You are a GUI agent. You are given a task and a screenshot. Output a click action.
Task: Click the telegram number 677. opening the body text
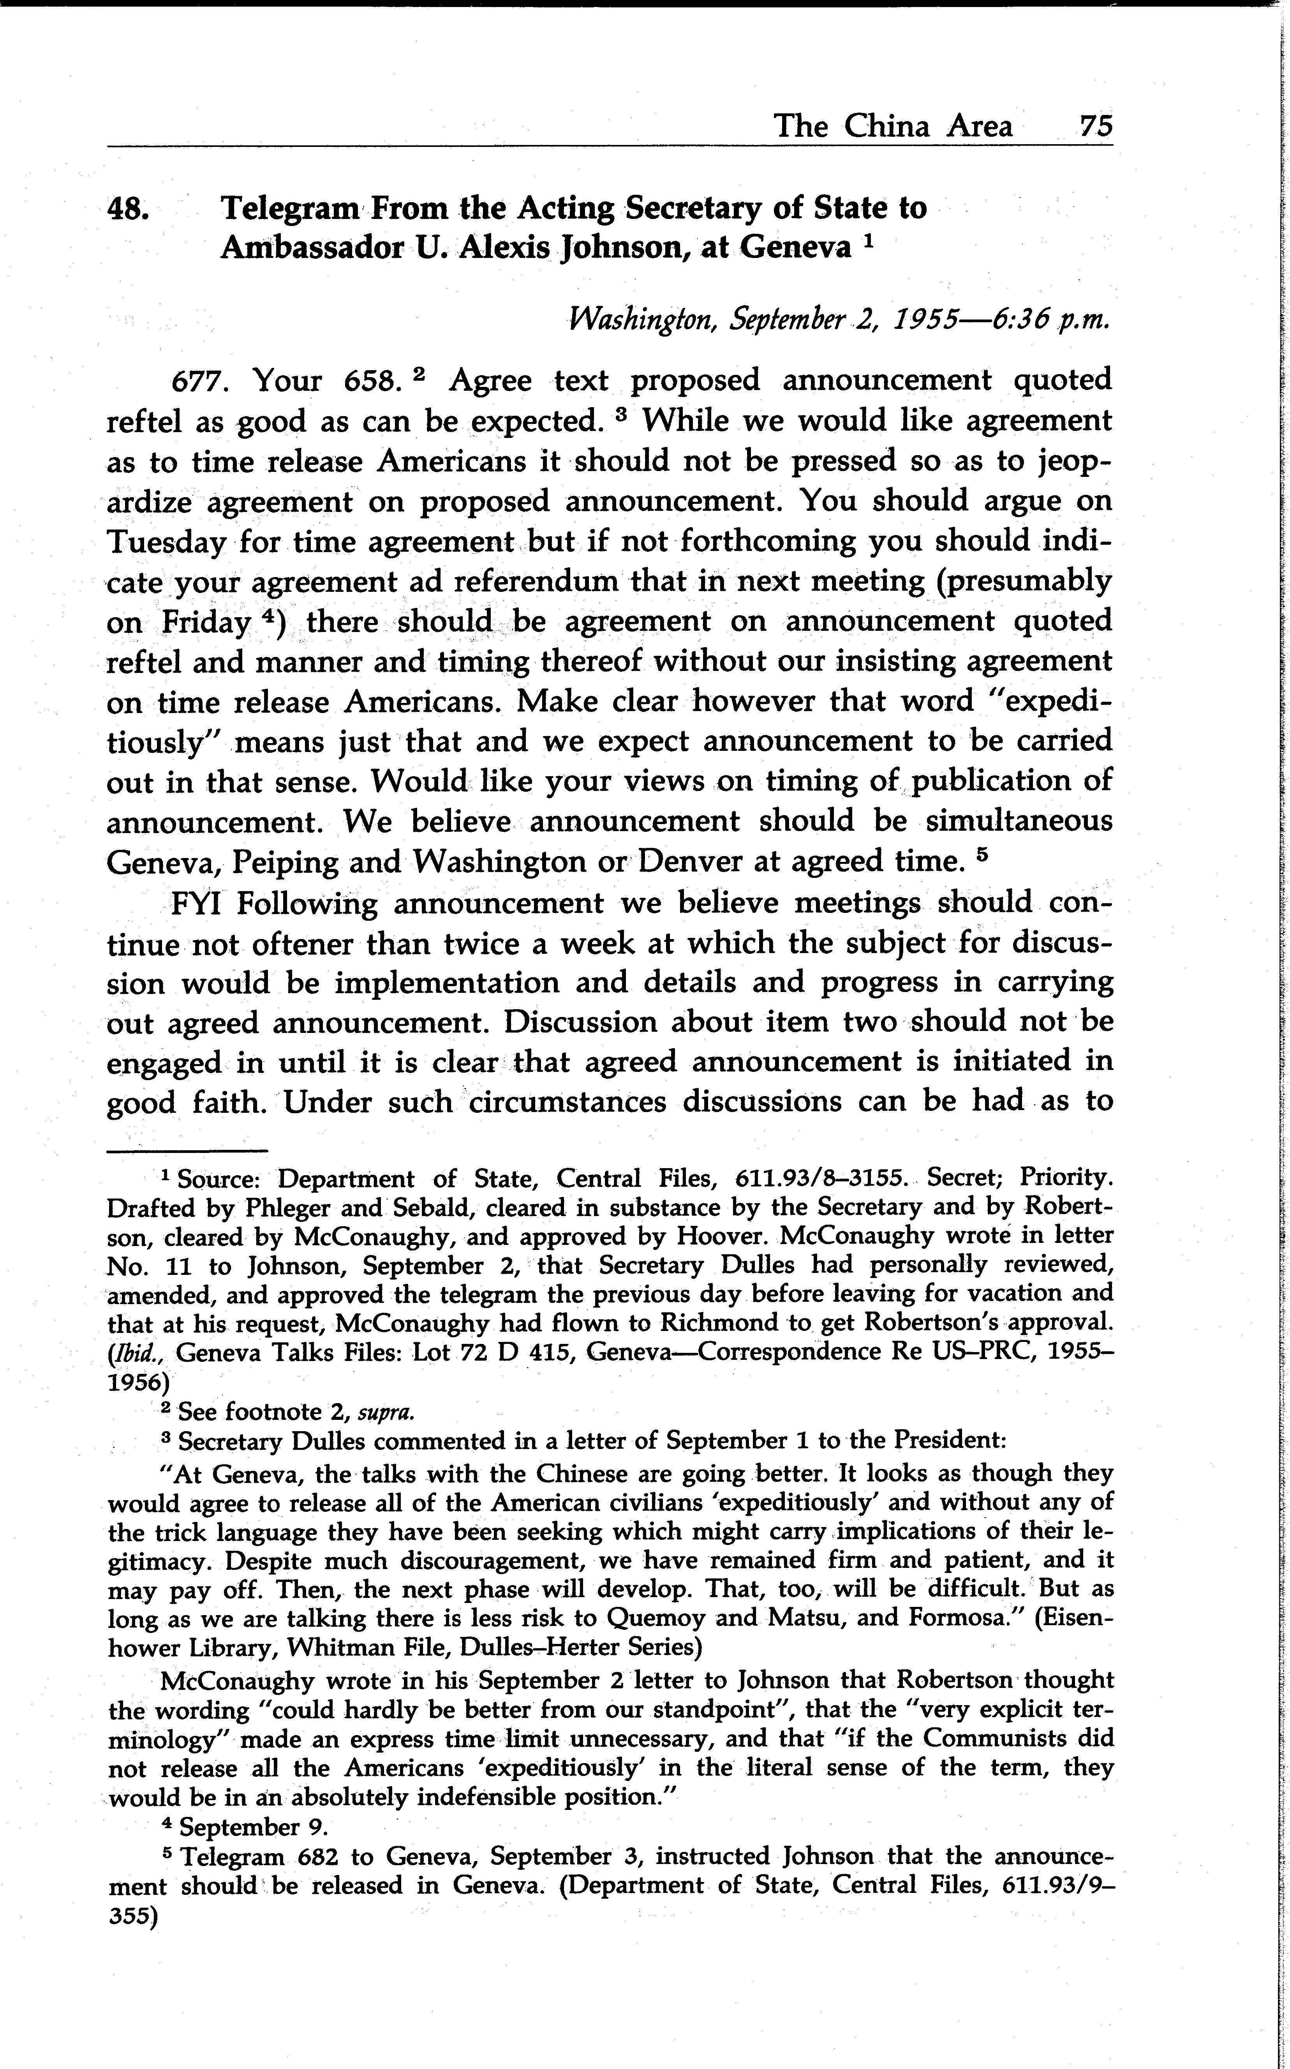(x=200, y=381)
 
